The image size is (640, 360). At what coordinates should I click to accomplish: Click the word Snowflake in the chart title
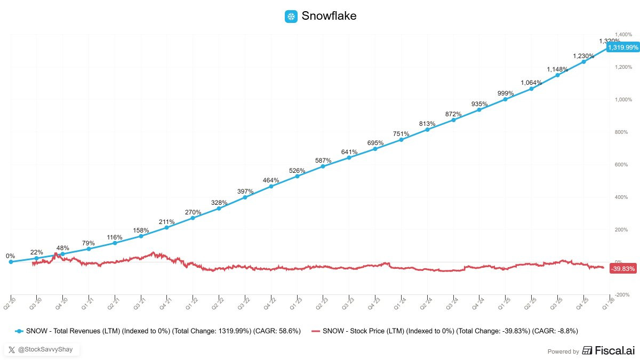tap(329, 16)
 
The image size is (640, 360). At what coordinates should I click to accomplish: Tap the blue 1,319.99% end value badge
tap(622, 47)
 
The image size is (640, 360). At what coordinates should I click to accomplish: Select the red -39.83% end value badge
tap(622, 269)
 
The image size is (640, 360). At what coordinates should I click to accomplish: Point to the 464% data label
tap(271, 181)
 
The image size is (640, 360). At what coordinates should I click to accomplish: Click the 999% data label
tap(505, 93)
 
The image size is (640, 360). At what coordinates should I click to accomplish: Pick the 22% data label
tap(36, 252)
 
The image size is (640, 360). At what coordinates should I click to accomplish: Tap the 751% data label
tap(401, 134)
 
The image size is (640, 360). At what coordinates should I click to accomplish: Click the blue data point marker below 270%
tap(193, 218)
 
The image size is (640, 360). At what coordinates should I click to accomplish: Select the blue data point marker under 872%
tap(453, 120)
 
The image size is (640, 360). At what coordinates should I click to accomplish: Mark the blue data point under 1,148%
tap(557, 75)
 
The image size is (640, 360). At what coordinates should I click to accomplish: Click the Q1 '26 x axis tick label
tap(607, 302)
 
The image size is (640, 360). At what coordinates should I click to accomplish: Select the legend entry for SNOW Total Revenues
tap(157, 331)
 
